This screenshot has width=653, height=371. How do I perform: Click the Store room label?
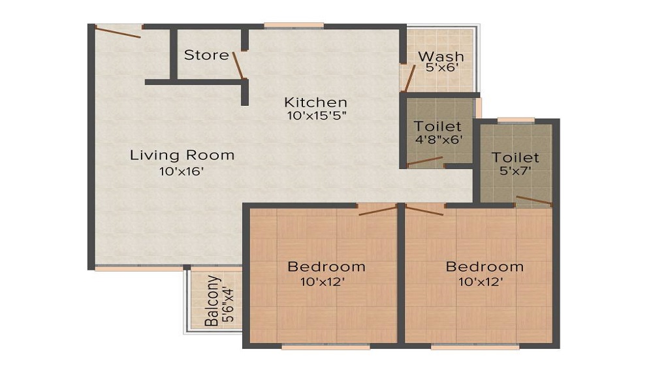[206, 55]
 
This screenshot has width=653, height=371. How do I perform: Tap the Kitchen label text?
[315, 103]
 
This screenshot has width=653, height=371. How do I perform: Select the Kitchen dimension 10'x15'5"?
[315, 116]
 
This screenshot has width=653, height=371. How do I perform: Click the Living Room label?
[182, 155]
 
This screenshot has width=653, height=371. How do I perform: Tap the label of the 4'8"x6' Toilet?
[438, 126]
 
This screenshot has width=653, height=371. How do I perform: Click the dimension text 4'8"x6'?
[438, 138]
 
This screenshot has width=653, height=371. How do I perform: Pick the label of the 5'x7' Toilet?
[516, 157]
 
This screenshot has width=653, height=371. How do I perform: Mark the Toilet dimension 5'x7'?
[516, 170]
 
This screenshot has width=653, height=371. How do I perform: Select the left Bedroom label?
[326, 266]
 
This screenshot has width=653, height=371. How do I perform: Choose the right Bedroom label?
[485, 266]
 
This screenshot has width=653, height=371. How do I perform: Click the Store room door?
[238, 65]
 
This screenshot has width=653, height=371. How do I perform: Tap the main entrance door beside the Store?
[118, 31]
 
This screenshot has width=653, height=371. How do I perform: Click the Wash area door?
[409, 78]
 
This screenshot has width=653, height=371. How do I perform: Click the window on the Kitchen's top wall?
[294, 25]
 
